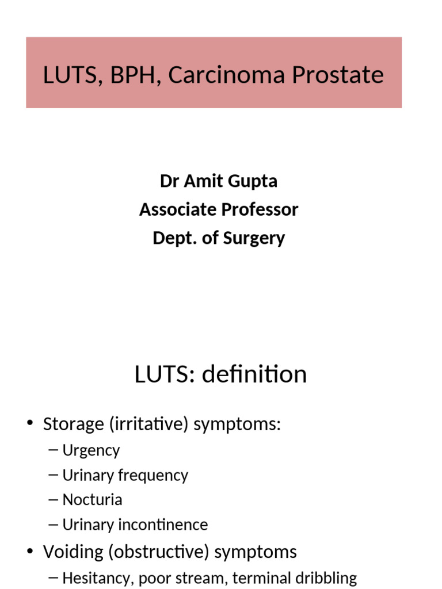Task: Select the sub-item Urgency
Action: pyautogui.click(x=91, y=450)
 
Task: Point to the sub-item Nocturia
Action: pyautogui.click(x=92, y=499)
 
